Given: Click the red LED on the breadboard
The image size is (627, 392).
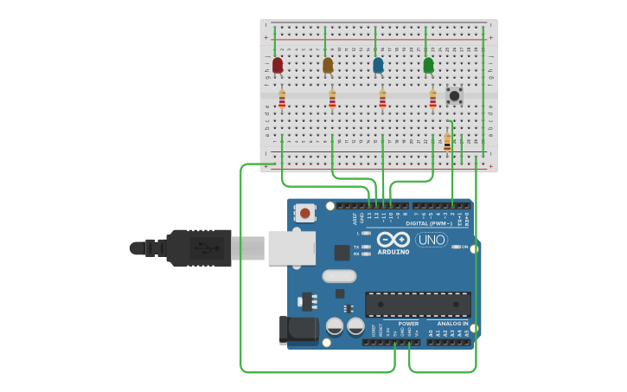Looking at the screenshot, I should pos(278,65).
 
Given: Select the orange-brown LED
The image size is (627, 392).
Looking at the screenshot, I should pos(328,65).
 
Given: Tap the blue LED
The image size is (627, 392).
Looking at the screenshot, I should pos(378,65).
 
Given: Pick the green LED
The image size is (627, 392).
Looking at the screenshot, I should pos(428,65).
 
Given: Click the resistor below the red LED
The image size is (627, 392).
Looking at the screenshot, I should pos(282,100).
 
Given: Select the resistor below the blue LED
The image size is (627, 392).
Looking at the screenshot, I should pos(382,100).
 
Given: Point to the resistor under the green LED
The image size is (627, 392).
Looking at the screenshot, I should pos(433,100).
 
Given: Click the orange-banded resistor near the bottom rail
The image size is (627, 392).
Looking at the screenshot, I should pos(447,142).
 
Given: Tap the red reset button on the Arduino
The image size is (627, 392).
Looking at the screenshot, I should pos(305,212).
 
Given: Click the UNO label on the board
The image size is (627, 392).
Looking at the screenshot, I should pos(432,240).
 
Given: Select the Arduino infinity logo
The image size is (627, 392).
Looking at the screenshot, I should pos(393,239).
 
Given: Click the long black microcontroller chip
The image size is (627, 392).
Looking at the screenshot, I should pos(418,305).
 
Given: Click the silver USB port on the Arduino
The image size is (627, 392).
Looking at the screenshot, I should pos(291,247).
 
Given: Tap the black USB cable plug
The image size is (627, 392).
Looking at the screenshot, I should pos(199,248).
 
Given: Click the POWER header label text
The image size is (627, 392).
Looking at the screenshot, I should pos(408,324).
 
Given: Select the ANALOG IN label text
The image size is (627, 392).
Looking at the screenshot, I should pos(452,324).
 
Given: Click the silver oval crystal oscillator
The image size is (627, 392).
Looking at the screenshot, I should pos(338,276).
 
